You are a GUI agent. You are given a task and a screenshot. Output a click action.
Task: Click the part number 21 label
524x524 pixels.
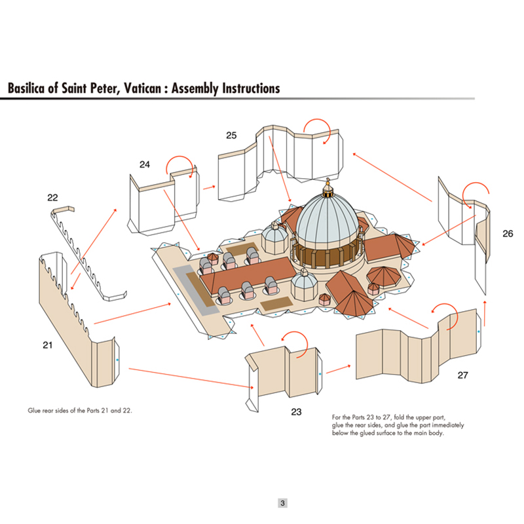point(48,345)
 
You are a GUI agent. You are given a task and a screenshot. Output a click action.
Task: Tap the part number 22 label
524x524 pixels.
point(53,197)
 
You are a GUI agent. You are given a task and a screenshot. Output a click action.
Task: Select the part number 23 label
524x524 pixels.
point(296,411)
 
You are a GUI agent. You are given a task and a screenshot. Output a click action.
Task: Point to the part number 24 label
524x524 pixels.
point(145,164)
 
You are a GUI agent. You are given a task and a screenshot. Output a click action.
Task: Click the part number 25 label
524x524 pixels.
point(231,135)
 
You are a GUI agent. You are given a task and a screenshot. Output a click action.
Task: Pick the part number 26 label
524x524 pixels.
point(508,233)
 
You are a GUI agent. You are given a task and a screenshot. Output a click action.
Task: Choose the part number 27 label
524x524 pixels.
point(463,375)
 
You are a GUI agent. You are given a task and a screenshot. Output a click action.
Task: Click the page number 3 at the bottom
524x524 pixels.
point(282,503)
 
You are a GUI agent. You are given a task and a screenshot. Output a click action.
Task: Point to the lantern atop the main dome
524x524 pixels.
point(328,190)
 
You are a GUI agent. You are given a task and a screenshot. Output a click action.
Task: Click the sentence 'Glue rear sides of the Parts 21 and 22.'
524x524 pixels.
point(84,411)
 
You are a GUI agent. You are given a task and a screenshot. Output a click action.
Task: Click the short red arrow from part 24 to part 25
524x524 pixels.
point(210,187)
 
